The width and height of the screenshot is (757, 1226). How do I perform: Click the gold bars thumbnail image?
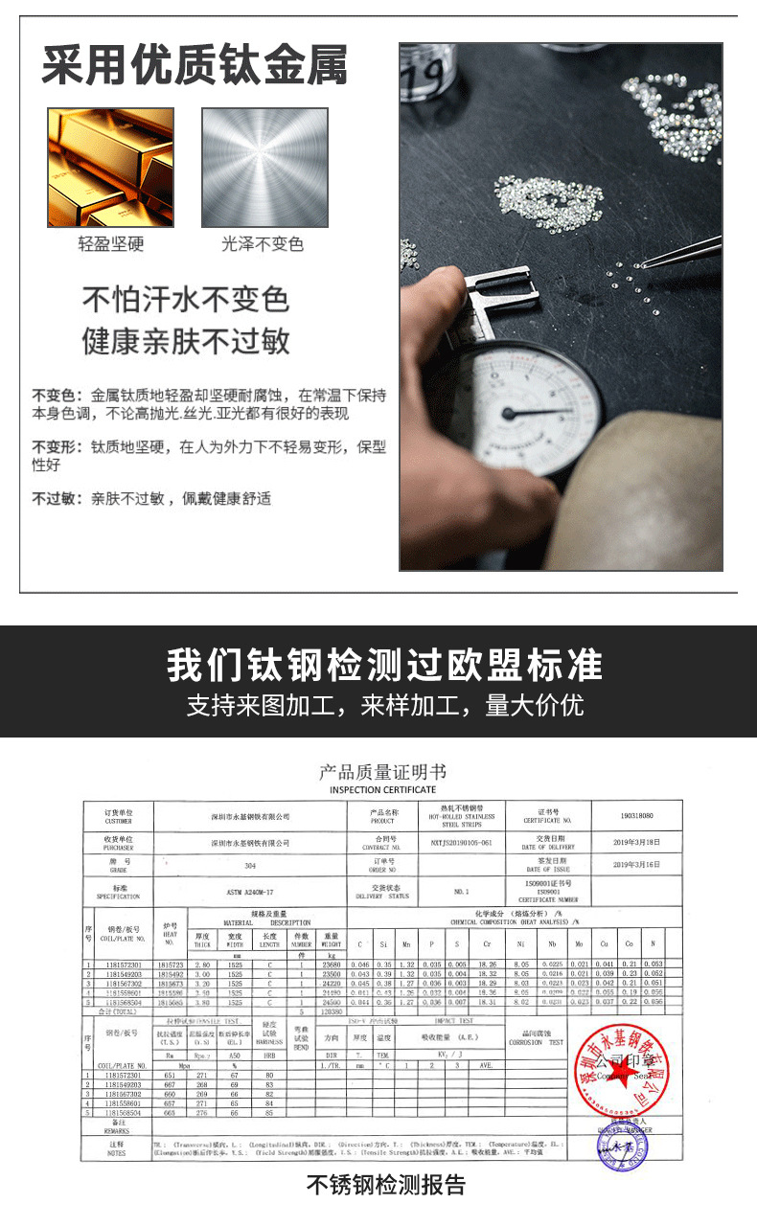110,167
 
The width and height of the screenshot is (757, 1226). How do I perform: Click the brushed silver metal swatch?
264,167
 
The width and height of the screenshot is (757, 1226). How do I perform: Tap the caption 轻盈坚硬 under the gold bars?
110,244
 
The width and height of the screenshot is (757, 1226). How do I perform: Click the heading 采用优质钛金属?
194,67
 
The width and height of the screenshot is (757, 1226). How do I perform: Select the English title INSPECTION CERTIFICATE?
382,790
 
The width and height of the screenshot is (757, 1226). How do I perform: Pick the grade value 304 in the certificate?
250,865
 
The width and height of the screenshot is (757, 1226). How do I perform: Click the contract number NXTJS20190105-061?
461,842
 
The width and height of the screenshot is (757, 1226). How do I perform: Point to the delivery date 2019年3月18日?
636,842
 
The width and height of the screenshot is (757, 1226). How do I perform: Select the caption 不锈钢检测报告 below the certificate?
386,1185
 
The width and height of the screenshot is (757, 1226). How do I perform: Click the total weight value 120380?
332,1010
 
